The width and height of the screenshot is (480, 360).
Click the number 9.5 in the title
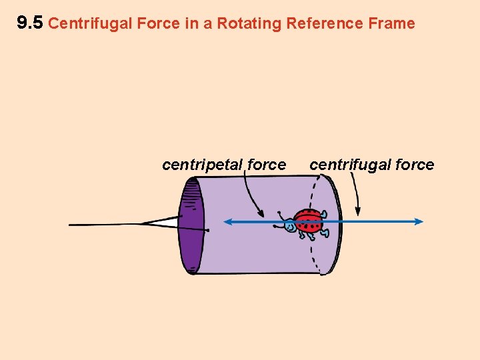(29, 23)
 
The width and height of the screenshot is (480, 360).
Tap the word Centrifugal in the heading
(89, 24)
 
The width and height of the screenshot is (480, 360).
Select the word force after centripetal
(266, 165)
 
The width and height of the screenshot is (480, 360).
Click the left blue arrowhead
(227, 222)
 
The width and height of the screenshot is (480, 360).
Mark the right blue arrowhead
(419, 222)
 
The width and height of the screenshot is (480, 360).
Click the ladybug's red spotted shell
(309, 221)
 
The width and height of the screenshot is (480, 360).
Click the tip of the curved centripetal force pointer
(263, 215)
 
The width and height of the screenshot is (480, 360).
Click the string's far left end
(71, 225)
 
